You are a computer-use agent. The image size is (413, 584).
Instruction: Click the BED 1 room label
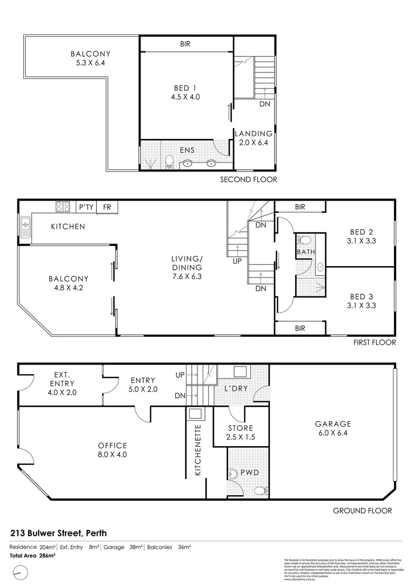pos(182,88)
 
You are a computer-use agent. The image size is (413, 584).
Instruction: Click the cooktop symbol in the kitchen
pos(62,206)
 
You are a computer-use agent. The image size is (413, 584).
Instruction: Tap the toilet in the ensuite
pos(169,161)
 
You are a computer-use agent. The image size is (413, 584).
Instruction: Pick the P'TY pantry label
pos(86,207)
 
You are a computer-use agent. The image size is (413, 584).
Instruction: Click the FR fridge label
pos(107,207)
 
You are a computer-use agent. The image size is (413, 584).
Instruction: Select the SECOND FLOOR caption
pos(248,180)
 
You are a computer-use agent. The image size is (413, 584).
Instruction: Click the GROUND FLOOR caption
pos(362,510)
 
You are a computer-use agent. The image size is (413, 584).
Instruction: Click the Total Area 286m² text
pos(32,555)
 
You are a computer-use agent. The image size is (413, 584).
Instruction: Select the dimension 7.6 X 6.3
pos(187,276)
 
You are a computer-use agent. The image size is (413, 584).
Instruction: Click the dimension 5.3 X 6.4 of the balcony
pos(90,63)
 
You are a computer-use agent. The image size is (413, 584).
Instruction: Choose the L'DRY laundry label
pos(236,389)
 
